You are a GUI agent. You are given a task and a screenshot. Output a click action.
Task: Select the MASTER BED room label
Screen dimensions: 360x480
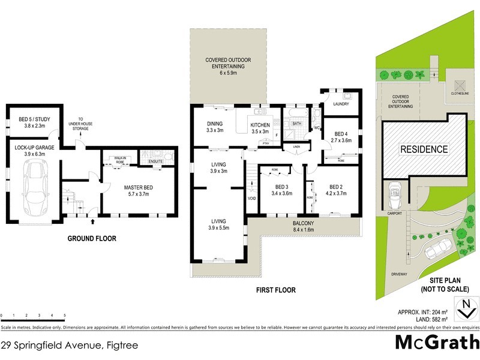pyautogui.click(x=139, y=191)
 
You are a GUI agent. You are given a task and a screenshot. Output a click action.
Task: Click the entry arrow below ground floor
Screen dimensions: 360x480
pyautogui.click(x=91, y=222)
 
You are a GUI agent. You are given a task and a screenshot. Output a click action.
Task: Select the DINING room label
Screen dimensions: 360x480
pyautogui.click(x=214, y=127)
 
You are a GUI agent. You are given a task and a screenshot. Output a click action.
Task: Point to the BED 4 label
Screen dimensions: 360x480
pyautogui.click(x=341, y=137)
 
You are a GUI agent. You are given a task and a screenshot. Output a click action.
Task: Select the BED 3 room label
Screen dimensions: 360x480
pyautogui.click(x=281, y=191)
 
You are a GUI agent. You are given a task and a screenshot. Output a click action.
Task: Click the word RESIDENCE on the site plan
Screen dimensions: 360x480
pyautogui.click(x=424, y=149)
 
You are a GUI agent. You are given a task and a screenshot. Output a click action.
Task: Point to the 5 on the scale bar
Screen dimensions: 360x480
pyautogui.click(x=64, y=315)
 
